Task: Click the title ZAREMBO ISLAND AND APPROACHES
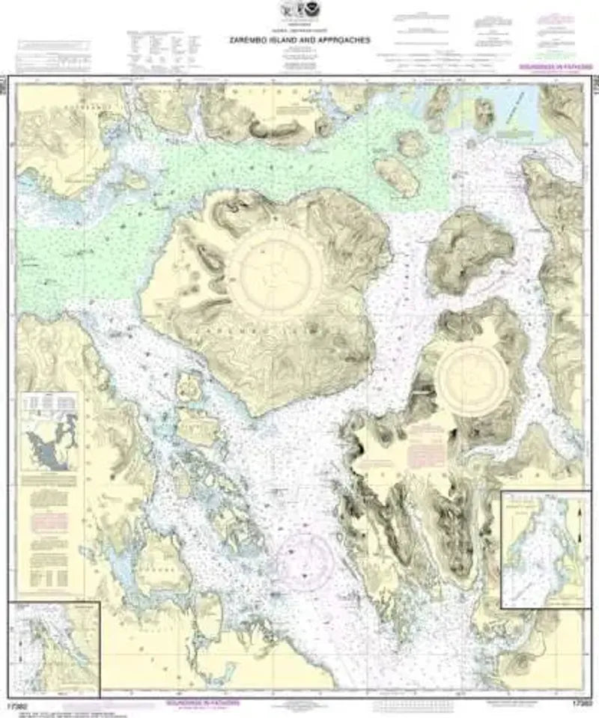point(299,41)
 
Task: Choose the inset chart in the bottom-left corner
point(54,648)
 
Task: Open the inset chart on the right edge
point(544,550)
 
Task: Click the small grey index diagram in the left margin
point(49,442)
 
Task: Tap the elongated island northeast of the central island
point(397,174)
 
